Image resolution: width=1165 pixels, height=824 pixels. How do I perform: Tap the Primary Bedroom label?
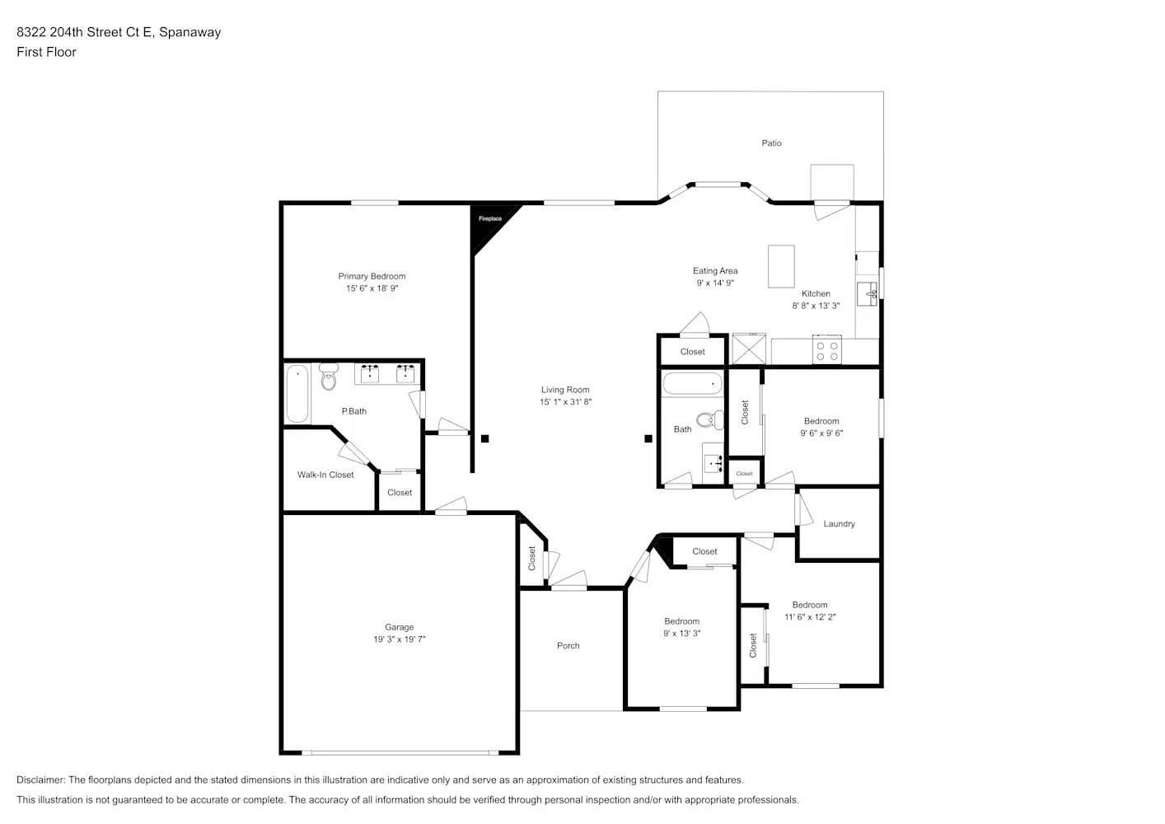pos(372,276)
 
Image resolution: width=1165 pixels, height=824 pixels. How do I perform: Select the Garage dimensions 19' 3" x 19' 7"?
pos(399,639)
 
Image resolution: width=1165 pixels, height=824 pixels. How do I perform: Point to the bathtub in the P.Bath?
pos(297,394)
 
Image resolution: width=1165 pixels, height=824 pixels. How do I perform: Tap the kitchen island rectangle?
pos(781,266)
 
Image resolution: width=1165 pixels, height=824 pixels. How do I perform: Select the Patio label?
pos(771,143)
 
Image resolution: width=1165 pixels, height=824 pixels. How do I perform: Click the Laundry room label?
pos(839,524)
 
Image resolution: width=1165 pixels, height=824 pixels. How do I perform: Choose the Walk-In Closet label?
pos(325,475)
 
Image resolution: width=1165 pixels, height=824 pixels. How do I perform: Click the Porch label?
pos(568,646)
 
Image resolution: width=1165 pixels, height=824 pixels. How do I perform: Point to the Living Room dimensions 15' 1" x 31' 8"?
pos(565,402)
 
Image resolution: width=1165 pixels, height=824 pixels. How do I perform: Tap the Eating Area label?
pos(715,270)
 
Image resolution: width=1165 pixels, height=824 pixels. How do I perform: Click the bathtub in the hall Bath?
pos(692,384)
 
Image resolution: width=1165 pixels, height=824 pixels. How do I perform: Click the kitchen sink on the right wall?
pos(868,293)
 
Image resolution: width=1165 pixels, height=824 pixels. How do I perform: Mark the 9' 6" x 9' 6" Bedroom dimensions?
pos(821,433)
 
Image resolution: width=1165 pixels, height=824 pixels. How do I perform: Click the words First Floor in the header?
pos(46,52)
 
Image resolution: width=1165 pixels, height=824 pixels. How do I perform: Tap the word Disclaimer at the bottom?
pos(40,780)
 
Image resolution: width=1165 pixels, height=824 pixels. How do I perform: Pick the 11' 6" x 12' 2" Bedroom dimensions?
pos(809,617)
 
